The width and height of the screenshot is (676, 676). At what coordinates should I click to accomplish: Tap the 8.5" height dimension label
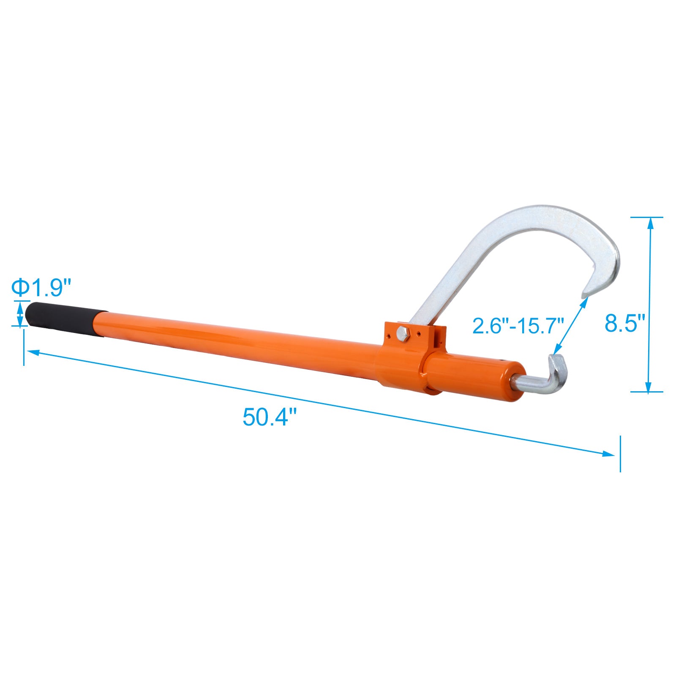coord(624,324)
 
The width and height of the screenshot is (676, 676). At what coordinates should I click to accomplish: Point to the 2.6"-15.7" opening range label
coord(518,326)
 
